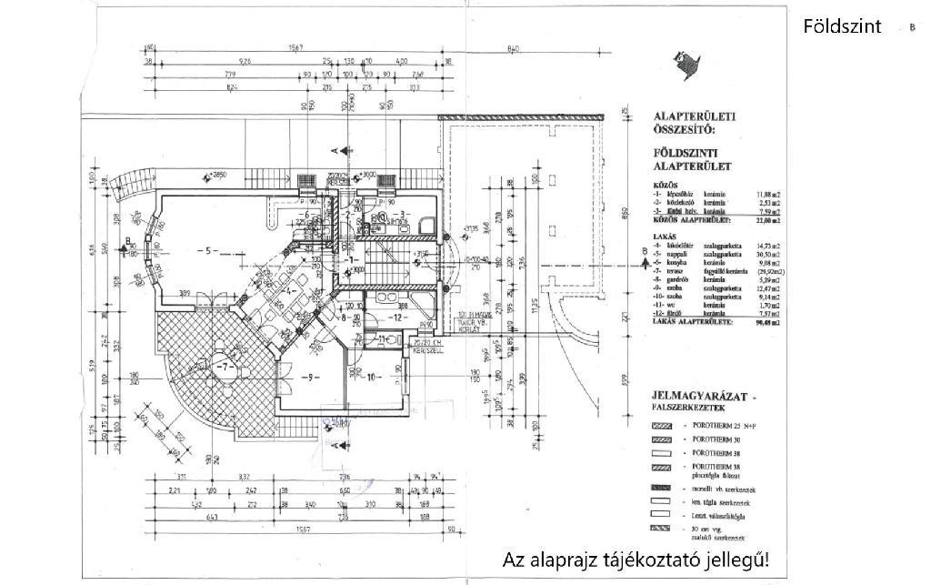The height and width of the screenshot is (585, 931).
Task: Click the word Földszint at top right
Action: click(x=842, y=26)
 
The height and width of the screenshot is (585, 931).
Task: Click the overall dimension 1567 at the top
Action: click(x=294, y=47)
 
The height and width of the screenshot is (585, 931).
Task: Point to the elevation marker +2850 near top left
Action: click(x=215, y=172)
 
